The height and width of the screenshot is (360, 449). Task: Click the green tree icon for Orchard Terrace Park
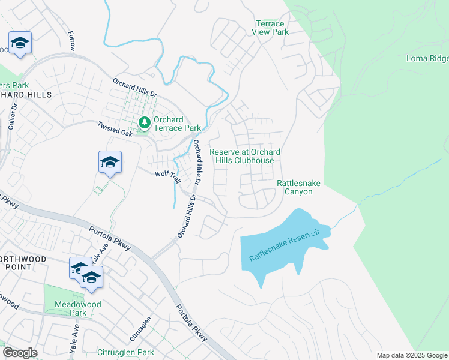[x=145, y=123]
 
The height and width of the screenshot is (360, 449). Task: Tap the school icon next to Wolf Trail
[x=110, y=162]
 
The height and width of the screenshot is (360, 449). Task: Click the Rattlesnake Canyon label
[x=294, y=187]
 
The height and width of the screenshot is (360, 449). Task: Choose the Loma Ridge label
[x=427, y=58]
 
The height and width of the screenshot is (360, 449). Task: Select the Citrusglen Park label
[x=125, y=352]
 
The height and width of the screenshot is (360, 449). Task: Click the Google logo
[x=20, y=352]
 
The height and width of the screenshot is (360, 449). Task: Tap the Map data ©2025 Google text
[x=411, y=355]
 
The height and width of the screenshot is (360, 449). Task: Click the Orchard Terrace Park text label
[x=177, y=124]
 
